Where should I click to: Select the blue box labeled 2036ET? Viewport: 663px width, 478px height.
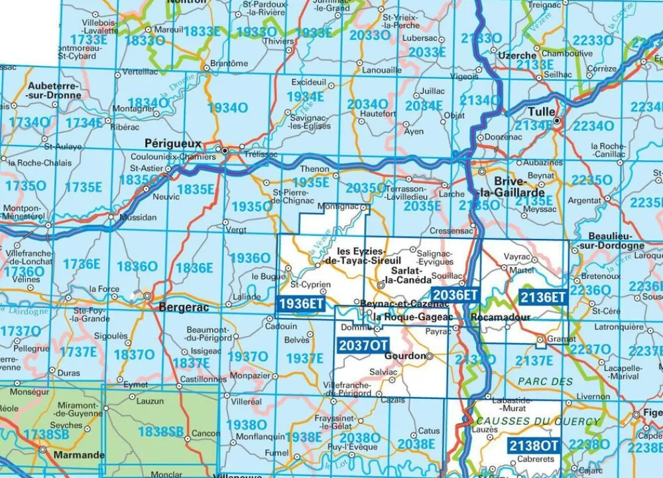(x=454, y=295)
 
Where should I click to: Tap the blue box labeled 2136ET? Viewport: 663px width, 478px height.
(x=542, y=297)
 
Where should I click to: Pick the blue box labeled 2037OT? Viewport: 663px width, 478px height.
(x=363, y=345)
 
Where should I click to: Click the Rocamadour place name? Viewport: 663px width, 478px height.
(x=500, y=318)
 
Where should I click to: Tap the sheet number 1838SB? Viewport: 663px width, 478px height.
(x=160, y=432)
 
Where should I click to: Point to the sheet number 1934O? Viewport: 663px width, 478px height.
(x=227, y=108)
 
